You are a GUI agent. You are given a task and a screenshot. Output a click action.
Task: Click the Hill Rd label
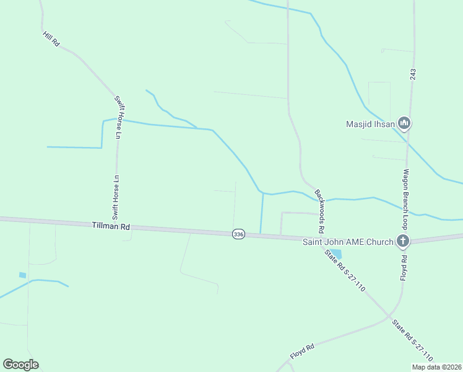[51, 39]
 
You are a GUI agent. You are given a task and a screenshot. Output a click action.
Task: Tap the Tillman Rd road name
[111, 227]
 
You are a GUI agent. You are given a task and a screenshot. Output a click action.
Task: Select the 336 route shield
[239, 234]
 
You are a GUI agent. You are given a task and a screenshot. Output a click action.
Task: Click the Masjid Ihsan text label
[370, 123]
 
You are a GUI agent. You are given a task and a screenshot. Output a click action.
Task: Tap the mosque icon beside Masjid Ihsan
[404, 123]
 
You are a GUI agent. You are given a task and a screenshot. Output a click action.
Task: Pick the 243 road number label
[412, 74]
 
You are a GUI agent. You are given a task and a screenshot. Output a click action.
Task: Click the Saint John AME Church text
[347, 241]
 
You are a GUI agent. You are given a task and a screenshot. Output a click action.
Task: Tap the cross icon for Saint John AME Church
[403, 241]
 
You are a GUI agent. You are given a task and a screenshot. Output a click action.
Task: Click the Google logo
[20, 365]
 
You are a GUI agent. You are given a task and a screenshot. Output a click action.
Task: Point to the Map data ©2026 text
[436, 367]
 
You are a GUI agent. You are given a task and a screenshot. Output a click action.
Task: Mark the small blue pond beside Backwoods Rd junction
[336, 254]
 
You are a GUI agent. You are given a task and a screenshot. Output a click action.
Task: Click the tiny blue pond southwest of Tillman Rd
[23, 275]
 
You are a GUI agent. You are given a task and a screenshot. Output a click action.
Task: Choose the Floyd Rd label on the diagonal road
[303, 352]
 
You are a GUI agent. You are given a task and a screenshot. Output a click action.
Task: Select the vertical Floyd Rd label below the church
[403, 265]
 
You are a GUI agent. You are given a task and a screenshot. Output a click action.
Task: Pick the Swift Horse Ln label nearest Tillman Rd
[115, 198]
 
